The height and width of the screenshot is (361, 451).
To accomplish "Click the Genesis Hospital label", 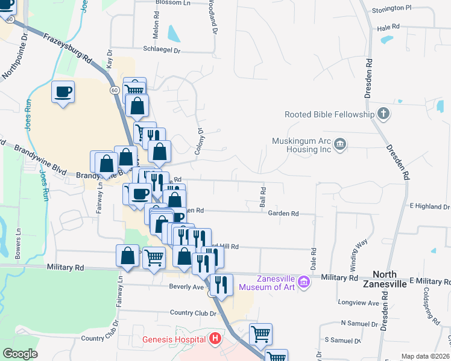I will (x=174, y=339).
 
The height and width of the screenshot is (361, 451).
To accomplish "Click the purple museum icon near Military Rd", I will (x=304, y=281).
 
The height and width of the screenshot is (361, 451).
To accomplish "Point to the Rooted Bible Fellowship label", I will (x=329, y=114).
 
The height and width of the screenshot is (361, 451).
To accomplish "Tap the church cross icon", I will (x=382, y=114).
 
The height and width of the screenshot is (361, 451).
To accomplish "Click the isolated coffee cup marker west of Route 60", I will (x=63, y=93).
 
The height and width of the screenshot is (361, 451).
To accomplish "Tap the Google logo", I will (x=20, y=354).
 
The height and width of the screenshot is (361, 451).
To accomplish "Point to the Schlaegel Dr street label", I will (x=162, y=51).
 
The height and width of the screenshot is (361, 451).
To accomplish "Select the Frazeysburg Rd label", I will (x=68, y=49).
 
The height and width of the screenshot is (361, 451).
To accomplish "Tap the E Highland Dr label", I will (x=429, y=206).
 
